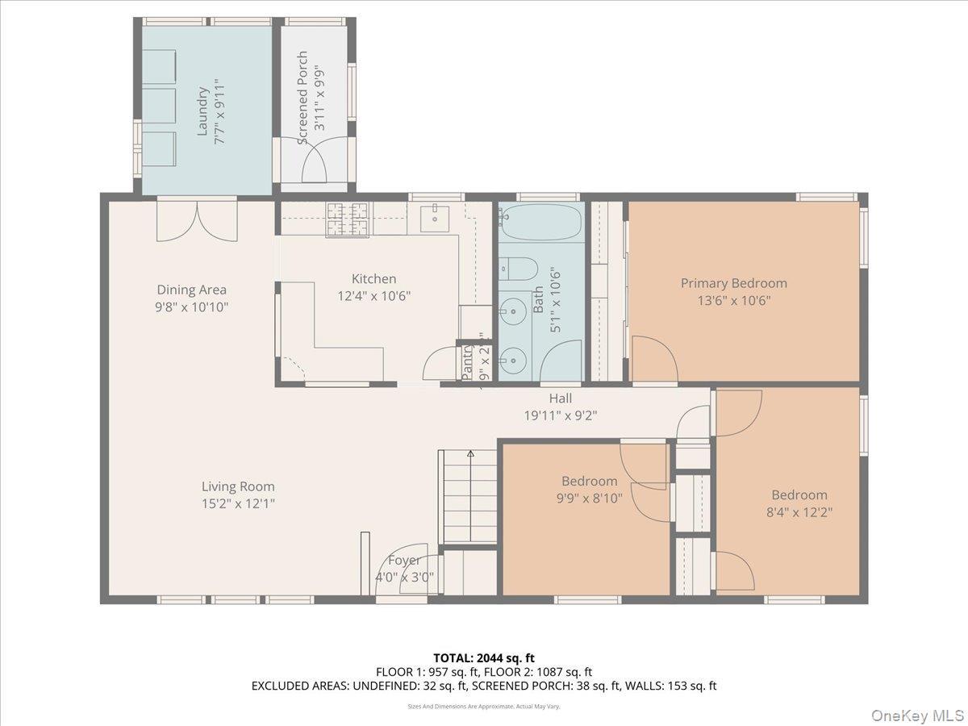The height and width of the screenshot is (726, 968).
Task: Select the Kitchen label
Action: [373, 279]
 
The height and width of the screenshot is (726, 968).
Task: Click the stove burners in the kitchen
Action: [347, 219]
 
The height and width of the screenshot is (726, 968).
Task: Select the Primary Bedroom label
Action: [733, 283]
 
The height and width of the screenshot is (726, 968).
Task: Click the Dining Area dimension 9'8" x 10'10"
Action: [192, 307]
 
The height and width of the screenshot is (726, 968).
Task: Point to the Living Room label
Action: [238, 486]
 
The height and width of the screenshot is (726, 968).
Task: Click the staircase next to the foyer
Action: [467, 496]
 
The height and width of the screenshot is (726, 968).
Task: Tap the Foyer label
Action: [404, 561]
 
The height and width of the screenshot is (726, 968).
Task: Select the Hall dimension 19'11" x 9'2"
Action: [561, 415]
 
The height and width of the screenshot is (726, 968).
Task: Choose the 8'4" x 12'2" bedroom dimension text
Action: [799, 511]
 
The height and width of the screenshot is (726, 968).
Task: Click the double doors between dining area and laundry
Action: [198, 220]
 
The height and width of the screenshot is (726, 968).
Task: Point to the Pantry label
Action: [467, 361]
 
